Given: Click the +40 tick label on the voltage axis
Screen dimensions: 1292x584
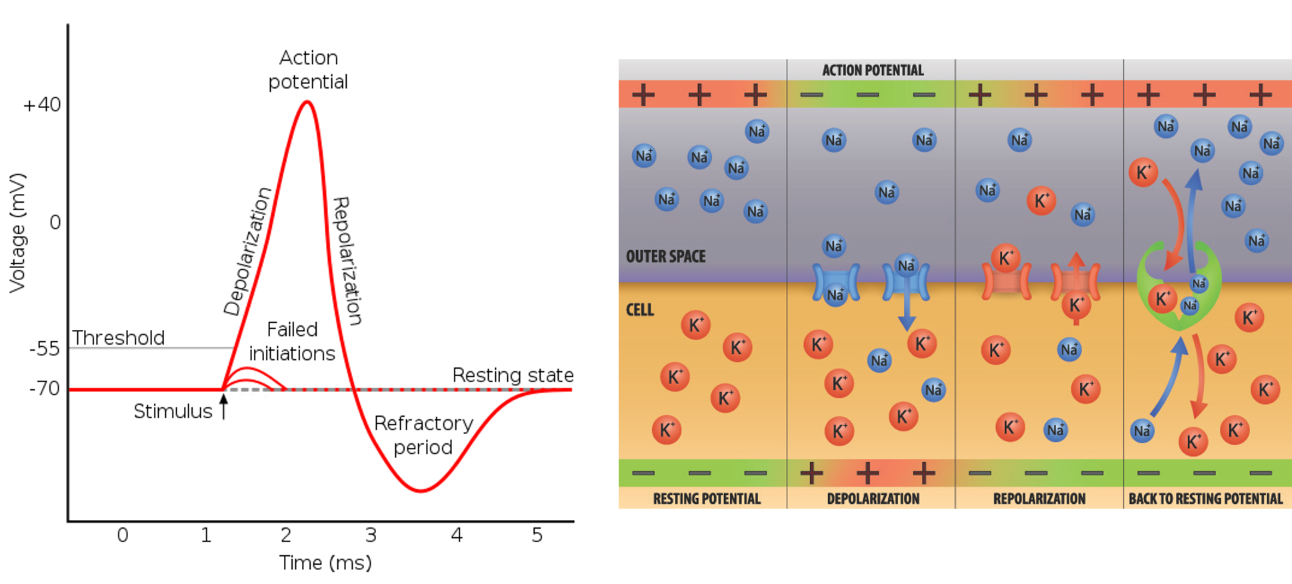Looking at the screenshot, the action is (42, 105).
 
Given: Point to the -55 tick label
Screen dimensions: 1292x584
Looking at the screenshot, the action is (45, 348).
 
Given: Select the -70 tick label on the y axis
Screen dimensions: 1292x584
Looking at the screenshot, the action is (45, 388).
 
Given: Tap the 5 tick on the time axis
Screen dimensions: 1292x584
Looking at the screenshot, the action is (537, 535).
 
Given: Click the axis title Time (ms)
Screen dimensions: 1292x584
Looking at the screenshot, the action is (325, 563).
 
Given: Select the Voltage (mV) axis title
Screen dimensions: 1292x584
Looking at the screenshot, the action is (17, 233).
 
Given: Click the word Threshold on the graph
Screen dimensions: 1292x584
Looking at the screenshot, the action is (118, 337).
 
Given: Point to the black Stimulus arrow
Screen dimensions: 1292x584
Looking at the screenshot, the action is (223, 406).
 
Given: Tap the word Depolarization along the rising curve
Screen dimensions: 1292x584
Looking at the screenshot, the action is (247, 251).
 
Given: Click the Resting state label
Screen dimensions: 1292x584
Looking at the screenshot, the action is (513, 375).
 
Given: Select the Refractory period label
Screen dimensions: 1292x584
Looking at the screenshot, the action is (423, 435).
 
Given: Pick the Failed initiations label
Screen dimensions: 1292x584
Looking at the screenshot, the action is (292, 341).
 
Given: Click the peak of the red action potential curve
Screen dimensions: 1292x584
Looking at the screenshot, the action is (307, 101).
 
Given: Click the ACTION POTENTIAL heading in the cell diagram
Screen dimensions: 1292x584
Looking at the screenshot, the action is (873, 70).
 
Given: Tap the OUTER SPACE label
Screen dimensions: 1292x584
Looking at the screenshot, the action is (665, 256).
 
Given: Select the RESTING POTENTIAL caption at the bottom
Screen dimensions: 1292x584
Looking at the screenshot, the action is (707, 499).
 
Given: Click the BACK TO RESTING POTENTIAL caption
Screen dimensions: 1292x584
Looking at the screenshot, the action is (1205, 499).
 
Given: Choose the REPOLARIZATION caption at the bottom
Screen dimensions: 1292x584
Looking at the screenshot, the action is (1039, 499).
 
